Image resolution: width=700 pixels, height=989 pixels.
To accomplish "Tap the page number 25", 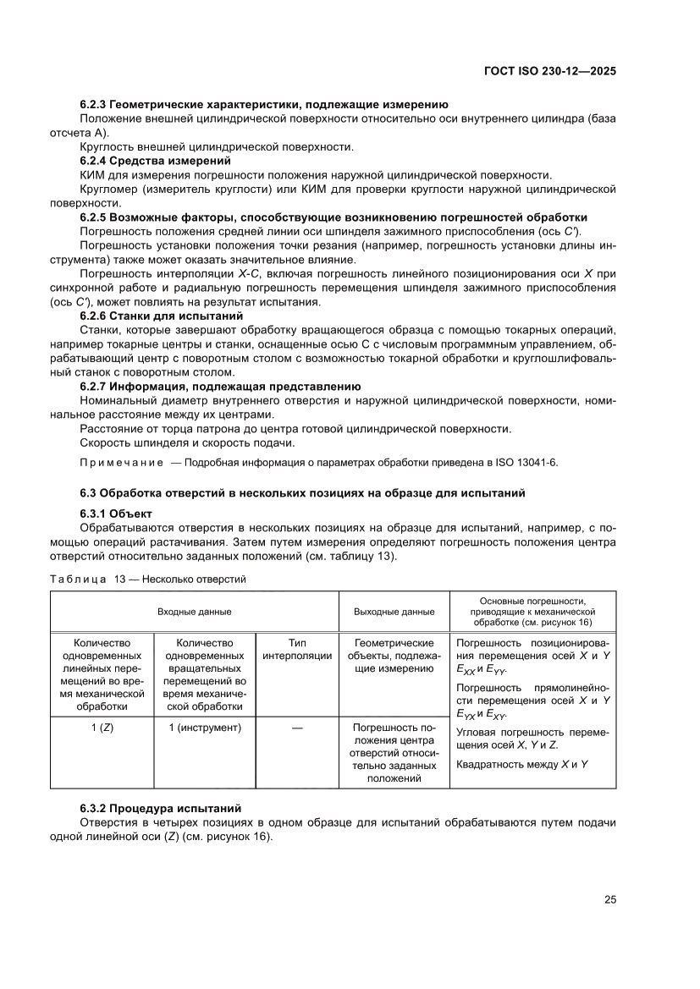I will [x=609, y=899].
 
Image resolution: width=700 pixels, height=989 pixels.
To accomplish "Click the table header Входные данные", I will [x=194, y=611].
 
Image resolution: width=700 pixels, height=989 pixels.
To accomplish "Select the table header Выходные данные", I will [x=394, y=611].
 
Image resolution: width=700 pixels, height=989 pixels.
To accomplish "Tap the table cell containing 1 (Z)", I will [x=102, y=727].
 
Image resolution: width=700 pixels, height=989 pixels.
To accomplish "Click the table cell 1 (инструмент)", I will [x=205, y=727].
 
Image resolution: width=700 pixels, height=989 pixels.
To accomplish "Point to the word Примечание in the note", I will [x=121, y=463].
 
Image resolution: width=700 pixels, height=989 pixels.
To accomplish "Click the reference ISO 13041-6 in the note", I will [x=525, y=463].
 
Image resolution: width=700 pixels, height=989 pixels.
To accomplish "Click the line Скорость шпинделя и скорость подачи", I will [x=187, y=442].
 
